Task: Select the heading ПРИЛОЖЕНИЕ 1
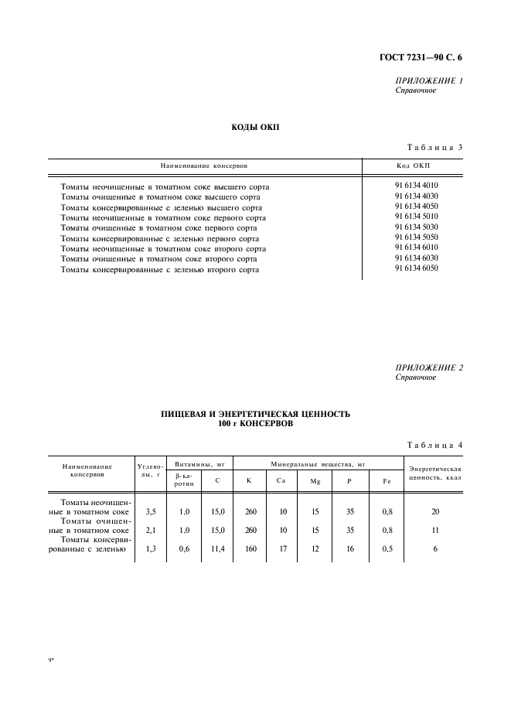pyautogui.click(x=428, y=80)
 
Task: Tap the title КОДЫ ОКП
pyautogui.click(x=255, y=126)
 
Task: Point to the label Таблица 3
pyautogui.click(x=434, y=147)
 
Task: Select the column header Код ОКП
pyautogui.click(x=412, y=166)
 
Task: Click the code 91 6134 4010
pyautogui.click(x=416, y=186)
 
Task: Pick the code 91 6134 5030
pyautogui.click(x=416, y=227)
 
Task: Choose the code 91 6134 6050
pyautogui.click(x=416, y=268)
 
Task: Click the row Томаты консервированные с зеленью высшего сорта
pyautogui.click(x=161, y=207)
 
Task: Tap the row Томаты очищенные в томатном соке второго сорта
pyautogui.click(x=158, y=259)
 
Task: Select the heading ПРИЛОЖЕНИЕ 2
pyautogui.click(x=428, y=367)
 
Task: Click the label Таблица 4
pyautogui.click(x=434, y=444)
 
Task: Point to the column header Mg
pyautogui.click(x=315, y=481)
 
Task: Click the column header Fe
pyautogui.click(x=387, y=481)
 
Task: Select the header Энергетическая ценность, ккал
pyautogui.click(x=434, y=474)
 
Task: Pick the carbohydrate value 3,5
pyautogui.click(x=151, y=511)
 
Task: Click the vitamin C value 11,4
pyautogui.click(x=217, y=548)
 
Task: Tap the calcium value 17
pyautogui.click(x=282, y=548)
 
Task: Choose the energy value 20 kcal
pyautogui.click(x=435, y=511)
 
